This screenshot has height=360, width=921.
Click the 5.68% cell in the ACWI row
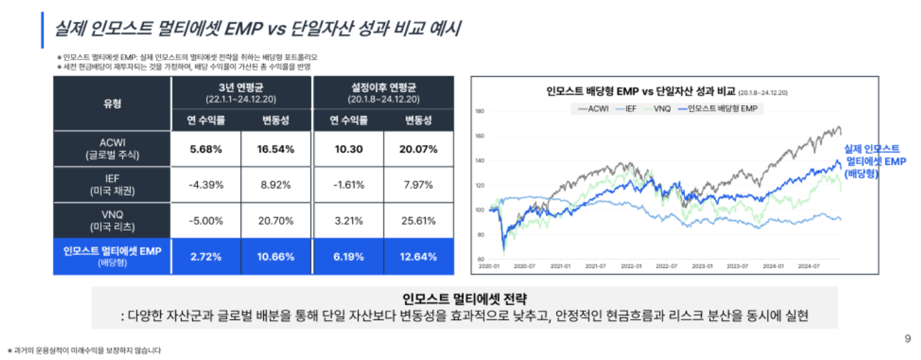coord(206,149)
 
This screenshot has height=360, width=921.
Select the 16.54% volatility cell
coord(277,149)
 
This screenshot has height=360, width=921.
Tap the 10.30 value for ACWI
coord(348,149)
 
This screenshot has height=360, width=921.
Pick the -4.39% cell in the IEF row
coord(206,185)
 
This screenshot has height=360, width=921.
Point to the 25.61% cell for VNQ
coord(419,221)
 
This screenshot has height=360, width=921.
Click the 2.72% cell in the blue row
coord(206,257)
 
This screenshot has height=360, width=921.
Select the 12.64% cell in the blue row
coord(419,257)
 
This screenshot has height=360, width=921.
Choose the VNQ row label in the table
coord(112,221)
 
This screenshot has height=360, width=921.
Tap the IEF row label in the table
coord(112,185)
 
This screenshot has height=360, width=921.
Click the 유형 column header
coord(112,104)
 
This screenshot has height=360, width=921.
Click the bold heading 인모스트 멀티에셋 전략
coord(465,299)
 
